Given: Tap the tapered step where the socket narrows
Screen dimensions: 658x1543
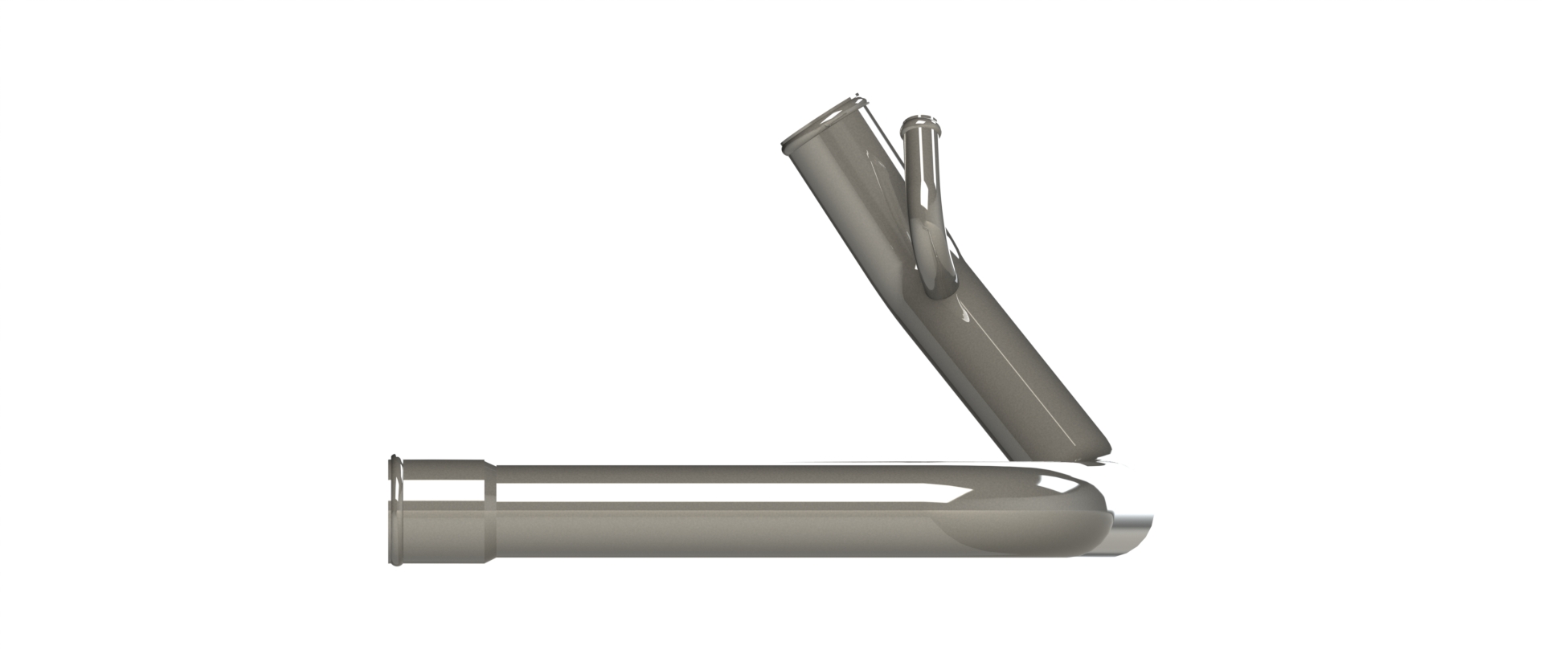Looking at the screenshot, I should (x=490, y=511).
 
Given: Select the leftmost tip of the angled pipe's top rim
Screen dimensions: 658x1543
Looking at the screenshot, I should (x=784, y=145).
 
